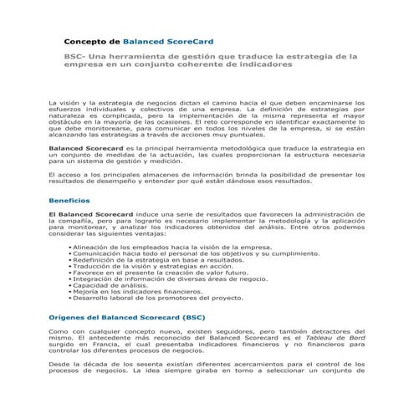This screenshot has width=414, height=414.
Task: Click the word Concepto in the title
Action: (92, 40)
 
